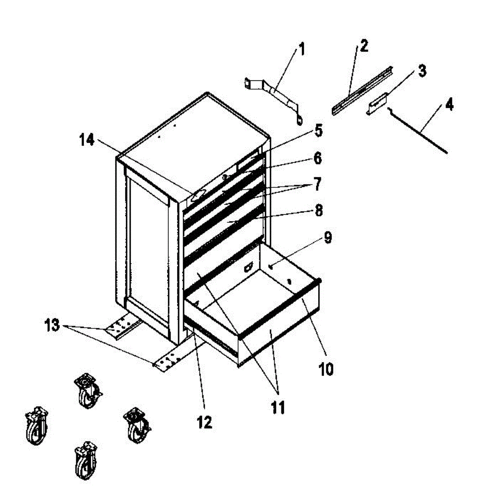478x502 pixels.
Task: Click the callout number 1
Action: [x=301, y=51]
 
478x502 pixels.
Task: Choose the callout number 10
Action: [x=326, y=369]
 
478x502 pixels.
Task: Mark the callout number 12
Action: [x=205, y=422]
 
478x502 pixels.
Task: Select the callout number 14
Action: [x=87, y=141]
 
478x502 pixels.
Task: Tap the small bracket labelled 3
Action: [x=377, y=103]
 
